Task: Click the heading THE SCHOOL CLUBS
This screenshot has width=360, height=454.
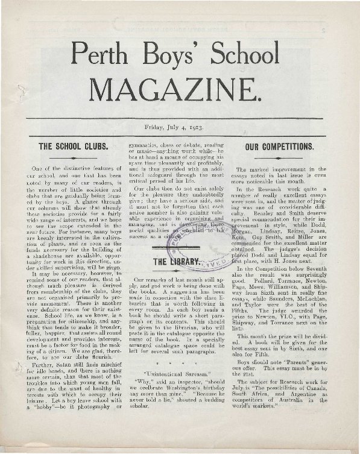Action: [x=73, y=147]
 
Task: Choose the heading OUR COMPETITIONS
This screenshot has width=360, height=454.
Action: [x=279, y=147]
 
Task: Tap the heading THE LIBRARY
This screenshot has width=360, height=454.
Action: [x=176, y=262]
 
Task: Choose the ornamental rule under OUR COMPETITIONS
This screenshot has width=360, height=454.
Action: [x=279, y=157]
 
